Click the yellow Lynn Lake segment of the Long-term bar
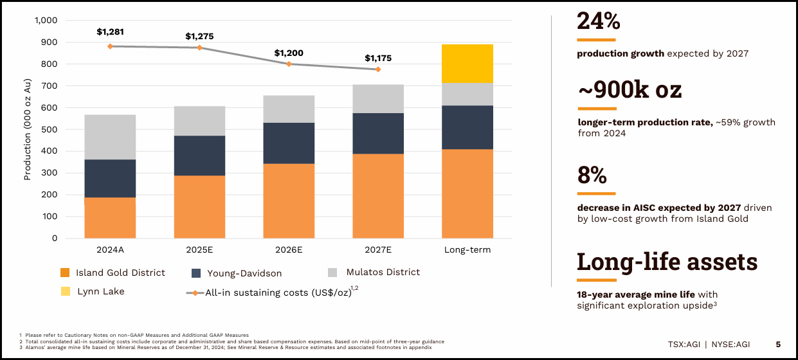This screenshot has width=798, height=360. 467,64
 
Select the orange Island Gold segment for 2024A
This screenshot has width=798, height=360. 110,217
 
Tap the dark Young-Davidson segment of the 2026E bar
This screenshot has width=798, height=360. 289,143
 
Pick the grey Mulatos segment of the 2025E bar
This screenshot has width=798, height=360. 199,121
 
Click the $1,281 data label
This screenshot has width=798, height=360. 110,31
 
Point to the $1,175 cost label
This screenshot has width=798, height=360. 378,58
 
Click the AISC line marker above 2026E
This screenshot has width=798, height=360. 289,64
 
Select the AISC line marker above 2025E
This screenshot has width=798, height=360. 199,48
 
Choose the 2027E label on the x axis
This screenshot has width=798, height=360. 378,249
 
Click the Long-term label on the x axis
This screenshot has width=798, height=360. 467,249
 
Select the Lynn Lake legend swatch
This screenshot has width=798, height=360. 65,292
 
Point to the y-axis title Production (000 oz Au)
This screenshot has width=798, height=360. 28,129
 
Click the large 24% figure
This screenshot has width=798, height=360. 598,21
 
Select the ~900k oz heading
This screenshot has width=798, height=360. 629,91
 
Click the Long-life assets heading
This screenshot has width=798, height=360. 667,262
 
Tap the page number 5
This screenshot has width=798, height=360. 777,344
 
